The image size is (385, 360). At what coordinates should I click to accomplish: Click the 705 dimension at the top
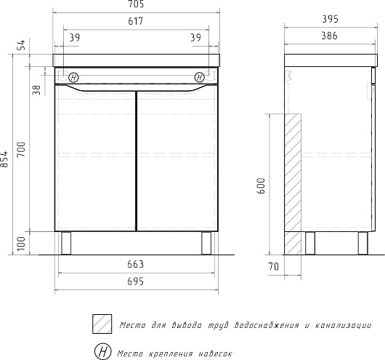pyautogui.click(x=136, y=4)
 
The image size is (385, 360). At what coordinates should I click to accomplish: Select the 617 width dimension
pyautogui.click(x=136, y=21)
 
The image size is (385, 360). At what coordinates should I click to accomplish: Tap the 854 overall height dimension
pyautogui.click(x=4, y=159)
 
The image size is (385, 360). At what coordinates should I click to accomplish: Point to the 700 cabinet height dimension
pyautogui.click(x=21, y=149)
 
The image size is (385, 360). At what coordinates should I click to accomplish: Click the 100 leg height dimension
pyautogui.click(x=21, y=244)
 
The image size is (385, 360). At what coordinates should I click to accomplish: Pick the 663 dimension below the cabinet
pyautogui.click(x=135, y=264)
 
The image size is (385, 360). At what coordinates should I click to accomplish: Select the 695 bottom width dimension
pyautogui.click(x=135, y=281)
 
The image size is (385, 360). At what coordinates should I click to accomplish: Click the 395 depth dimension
pyautogui.click(x=331, y=19)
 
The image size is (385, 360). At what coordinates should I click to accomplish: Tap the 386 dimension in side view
pyautogui.click(x=330, y=36)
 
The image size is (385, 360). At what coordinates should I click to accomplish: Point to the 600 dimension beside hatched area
pyautogui.click(x=262, y=186)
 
